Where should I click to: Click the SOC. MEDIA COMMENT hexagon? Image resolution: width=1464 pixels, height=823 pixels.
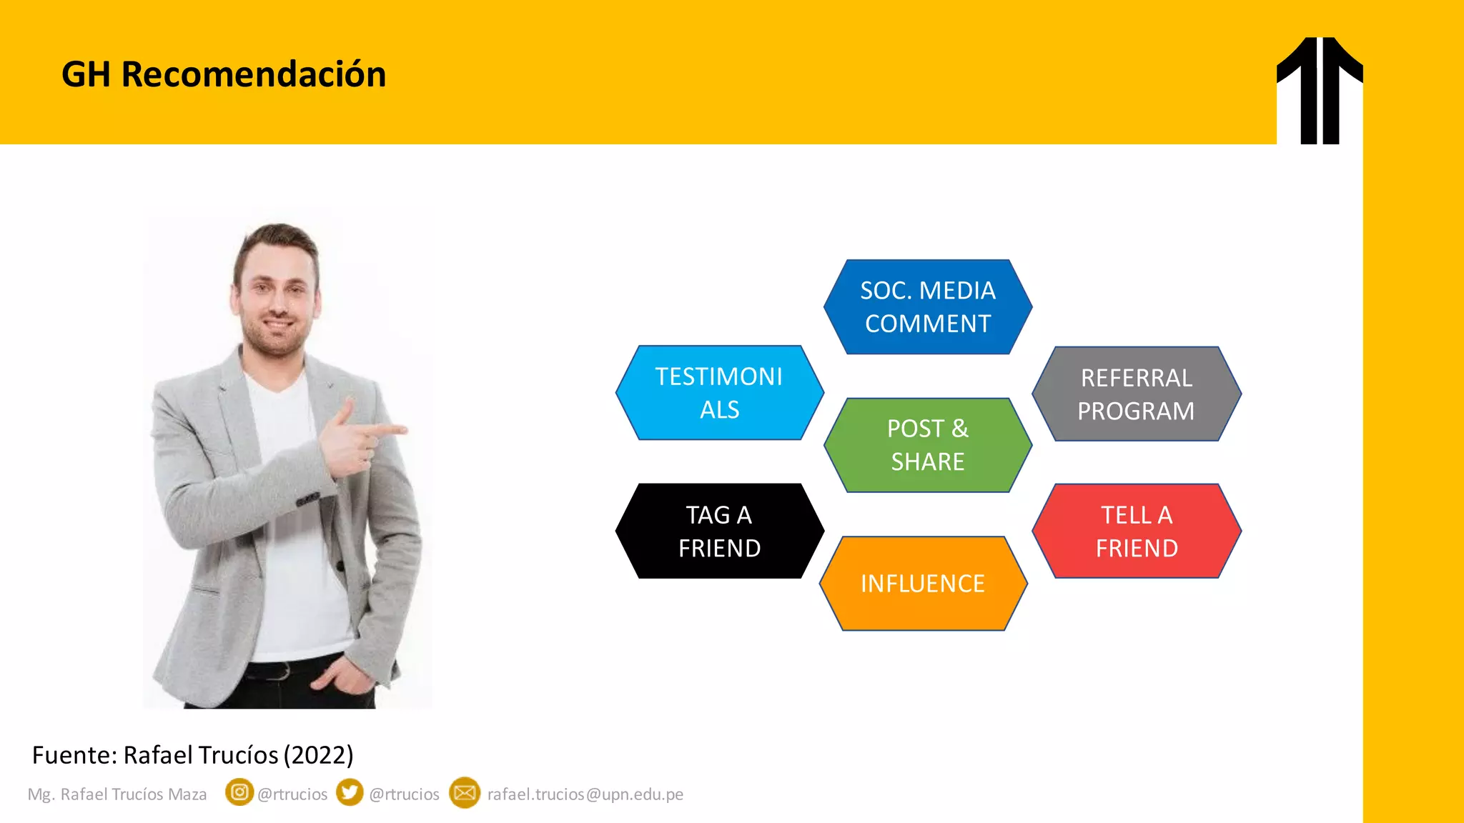(x=927, y=307)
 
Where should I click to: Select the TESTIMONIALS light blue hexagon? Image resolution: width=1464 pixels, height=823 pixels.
(x=719, y=393)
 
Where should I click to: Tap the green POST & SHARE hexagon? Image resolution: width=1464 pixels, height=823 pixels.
(x=927, y=445)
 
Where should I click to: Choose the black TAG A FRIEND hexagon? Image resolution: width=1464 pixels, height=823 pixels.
(x=719, y=531)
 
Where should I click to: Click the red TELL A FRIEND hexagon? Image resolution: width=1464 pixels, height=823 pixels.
(x=1136, y=531)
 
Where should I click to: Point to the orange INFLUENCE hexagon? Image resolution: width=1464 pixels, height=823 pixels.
(x=923, y=584)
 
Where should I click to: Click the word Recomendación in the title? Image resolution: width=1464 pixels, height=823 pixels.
(x=254, y=74)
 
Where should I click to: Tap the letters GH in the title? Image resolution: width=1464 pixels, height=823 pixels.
(x=86, y=74)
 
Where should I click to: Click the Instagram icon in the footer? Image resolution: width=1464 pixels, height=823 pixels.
(x=239, y=792)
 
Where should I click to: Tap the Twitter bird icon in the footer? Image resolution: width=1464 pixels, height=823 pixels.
(x=350, y=792)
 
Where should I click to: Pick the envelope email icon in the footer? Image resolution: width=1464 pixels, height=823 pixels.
(x=465, y=793)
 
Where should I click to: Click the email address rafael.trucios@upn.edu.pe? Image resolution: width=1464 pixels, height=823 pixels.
(x=585, y=794)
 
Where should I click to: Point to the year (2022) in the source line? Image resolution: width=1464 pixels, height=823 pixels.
(x=318, y=755)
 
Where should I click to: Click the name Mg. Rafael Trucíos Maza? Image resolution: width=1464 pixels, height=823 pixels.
(x=117, y=794)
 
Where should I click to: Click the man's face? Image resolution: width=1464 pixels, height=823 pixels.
(x=277, y=296)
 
